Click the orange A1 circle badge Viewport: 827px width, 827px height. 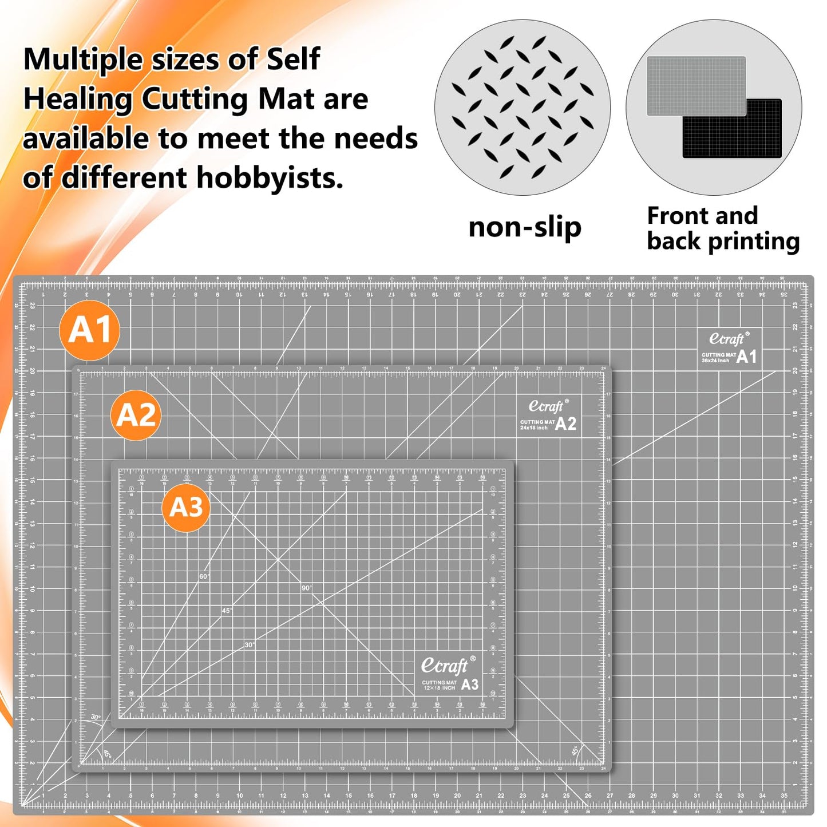89,330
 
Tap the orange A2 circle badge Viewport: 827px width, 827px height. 136,415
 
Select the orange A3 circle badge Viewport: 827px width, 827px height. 186,507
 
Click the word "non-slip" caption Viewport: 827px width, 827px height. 525,228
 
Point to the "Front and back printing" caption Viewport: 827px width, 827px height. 723,228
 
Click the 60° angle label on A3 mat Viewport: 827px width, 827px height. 204,576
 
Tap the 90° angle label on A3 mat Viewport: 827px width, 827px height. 307,588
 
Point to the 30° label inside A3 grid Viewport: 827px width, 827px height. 250,644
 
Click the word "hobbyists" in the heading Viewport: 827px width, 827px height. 270,178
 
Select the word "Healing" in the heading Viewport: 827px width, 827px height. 78,100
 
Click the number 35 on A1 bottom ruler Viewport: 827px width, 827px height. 784,796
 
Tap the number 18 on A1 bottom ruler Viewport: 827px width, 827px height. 414,796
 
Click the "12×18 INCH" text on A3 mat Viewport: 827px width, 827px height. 439,688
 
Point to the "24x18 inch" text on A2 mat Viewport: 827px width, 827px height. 533,428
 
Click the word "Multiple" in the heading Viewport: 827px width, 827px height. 82,60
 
